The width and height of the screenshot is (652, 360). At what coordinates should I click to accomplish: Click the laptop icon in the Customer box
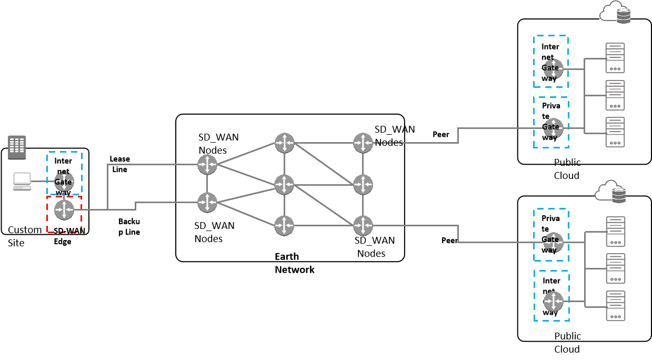[22, 181]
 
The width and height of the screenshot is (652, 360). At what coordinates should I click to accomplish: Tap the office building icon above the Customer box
[17, 147]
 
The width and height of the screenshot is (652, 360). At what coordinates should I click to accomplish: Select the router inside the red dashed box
[64, 210]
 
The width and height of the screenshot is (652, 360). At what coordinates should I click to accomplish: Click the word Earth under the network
[287, 256]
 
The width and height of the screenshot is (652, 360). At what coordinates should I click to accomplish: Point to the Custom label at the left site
[25, 230]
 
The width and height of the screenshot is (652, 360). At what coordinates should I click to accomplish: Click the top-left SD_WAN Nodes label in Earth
[218, 144]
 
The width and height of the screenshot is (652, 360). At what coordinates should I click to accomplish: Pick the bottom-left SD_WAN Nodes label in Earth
[215, 232]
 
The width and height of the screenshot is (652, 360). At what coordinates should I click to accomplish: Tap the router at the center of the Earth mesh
[284, 184]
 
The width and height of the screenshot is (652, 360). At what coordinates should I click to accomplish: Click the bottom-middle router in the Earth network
[284, 226]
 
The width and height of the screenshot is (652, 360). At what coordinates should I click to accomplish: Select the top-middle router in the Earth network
[284, 143]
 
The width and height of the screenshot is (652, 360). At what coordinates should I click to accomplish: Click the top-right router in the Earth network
[363, 143]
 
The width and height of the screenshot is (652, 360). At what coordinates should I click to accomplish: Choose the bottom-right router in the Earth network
[363, 226]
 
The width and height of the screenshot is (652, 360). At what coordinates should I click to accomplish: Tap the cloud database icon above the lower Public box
[611, 191]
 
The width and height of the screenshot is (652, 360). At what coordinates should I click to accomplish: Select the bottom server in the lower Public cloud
[615, 305]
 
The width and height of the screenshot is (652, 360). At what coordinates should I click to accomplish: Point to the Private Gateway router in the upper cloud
[554, 128]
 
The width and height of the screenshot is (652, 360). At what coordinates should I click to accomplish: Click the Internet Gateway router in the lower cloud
[554, 302]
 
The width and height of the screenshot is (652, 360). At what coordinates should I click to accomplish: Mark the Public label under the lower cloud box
[568, 336]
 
